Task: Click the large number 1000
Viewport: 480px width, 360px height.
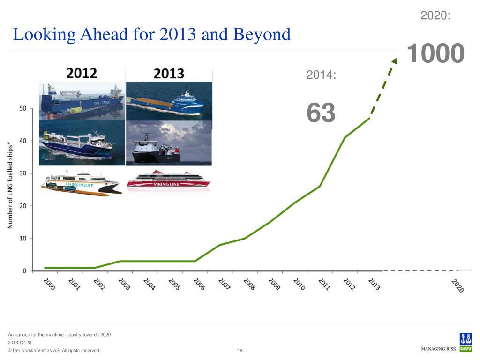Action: [435, 53]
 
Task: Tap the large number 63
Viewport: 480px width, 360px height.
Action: [321, 113]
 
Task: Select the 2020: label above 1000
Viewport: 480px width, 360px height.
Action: [435, 15]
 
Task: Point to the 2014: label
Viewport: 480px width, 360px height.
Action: [321, 75]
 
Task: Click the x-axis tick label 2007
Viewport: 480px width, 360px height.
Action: [225, 284]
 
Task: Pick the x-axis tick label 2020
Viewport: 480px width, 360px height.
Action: [457, 285]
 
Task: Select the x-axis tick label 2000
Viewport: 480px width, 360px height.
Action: [49, 284]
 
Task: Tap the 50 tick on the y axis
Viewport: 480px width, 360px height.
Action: [22, 108]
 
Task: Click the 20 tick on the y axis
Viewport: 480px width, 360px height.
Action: [22, 206]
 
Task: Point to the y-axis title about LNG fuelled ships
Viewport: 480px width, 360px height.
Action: [10, 186]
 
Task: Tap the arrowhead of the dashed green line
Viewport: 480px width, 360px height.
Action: [394, 61]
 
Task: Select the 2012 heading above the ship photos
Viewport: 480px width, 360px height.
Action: [82, 74]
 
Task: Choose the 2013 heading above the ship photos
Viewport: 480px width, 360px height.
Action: [169, 74]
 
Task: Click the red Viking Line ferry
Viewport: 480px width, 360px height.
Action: [169, 180]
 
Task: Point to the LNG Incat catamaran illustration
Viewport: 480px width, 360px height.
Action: [81, 184]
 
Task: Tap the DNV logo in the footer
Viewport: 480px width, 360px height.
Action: [465, 342]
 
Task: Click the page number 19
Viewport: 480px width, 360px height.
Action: [240, 351]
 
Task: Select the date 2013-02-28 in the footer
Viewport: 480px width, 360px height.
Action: [20, 343]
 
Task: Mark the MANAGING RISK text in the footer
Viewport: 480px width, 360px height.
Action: [439, 349]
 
